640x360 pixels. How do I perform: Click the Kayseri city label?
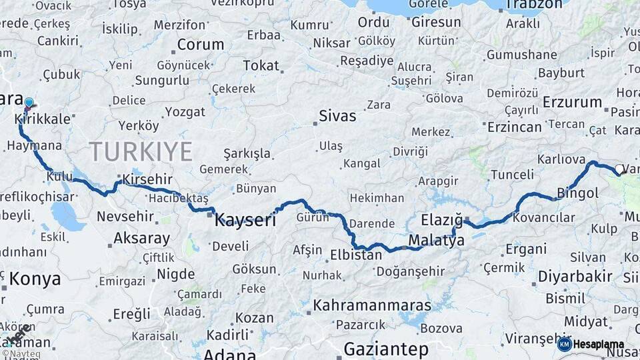click(x=245, y=221)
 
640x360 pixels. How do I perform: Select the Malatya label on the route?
click(x=435, y=241)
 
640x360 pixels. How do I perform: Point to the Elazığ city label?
click(x=442, y=219)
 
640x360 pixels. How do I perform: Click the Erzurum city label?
click(x=572, y=102)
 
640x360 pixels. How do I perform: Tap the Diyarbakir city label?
click(x=565, y=276)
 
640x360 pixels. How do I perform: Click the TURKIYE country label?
click(x=141, y=152)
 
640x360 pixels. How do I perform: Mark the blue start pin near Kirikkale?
click(x=29, y=103)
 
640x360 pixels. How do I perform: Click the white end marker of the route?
click(x=619, y=170)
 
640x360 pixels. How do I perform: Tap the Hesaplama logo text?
click(x=599, y=345)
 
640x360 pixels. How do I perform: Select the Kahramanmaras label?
click(x=372, y=305)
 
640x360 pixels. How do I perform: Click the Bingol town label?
click(x=578, y=194)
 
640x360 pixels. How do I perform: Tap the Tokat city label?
click(x=261, y=65)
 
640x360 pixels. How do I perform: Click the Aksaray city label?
click(x=141, y=238)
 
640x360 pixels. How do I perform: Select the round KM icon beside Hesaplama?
click(x=564, y=344)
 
